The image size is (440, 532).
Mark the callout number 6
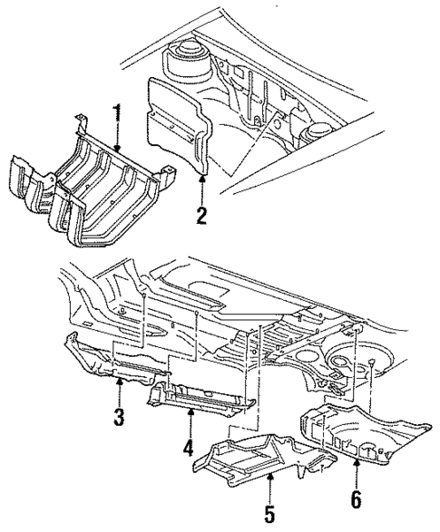(355, 498)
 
